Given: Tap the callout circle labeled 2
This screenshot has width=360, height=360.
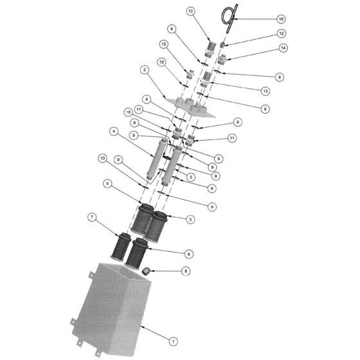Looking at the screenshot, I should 145,69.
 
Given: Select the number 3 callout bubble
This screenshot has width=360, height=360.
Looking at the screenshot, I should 191,177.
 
